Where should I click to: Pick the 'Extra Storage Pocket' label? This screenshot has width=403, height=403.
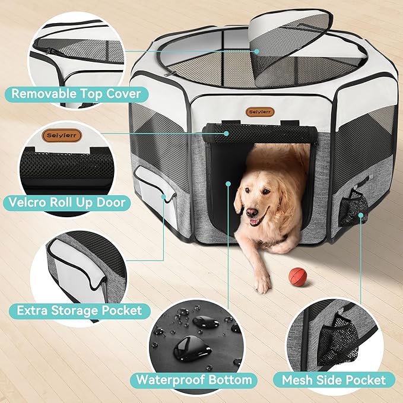tap(80, 310)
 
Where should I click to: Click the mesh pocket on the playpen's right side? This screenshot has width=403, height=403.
tap(356, 208)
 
